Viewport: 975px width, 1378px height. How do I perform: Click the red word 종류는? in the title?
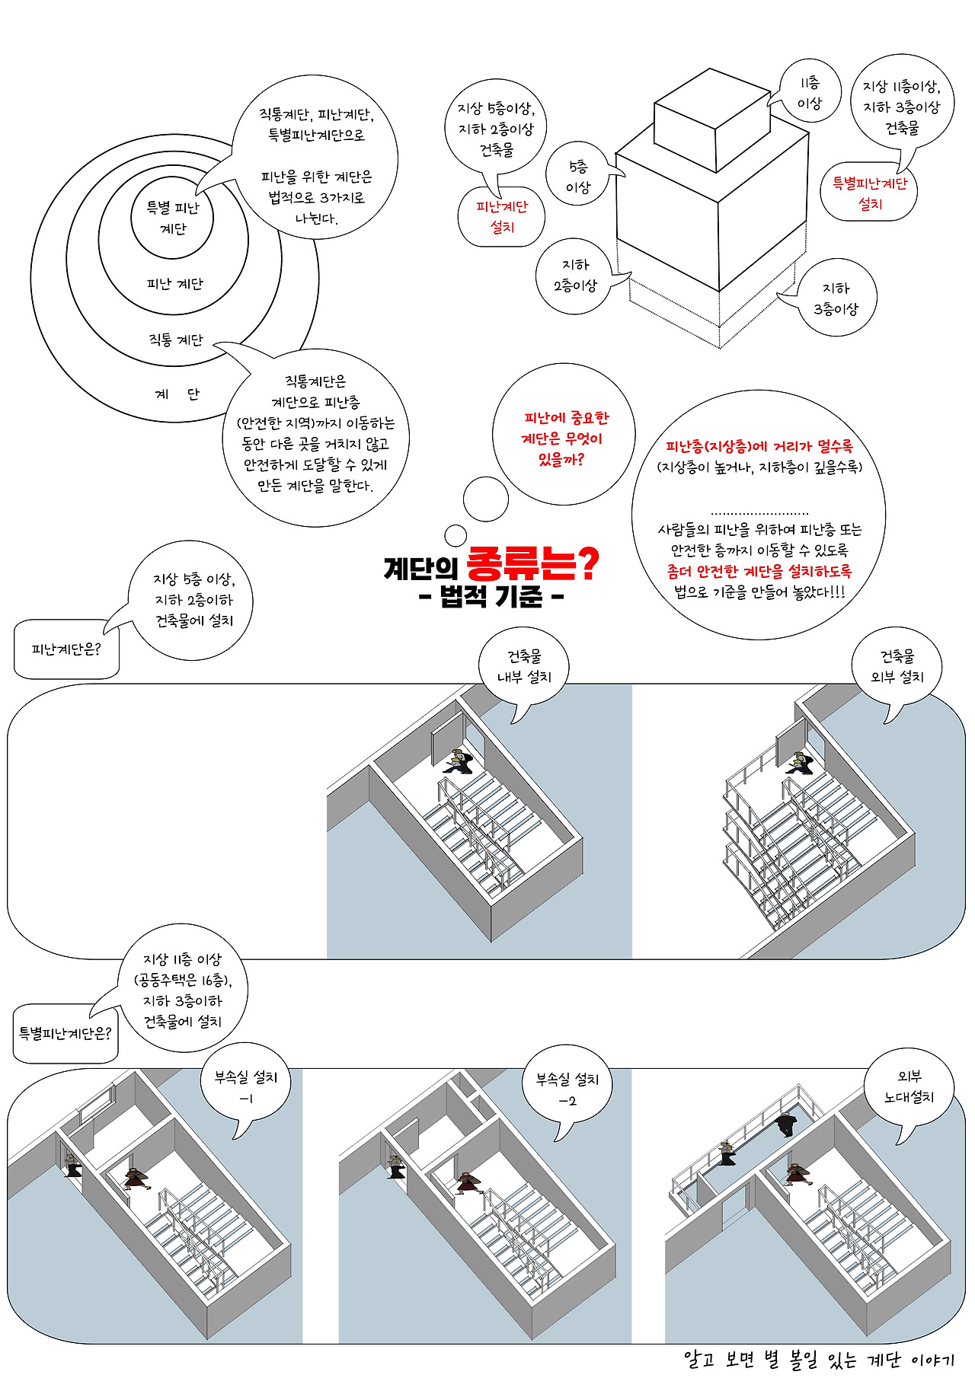pos(532,563)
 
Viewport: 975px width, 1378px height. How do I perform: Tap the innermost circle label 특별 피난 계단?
pos(173,218)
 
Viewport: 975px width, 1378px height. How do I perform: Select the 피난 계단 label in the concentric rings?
pos(175,284)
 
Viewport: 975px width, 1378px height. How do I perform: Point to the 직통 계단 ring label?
pos(176,340)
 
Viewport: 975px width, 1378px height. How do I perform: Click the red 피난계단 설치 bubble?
pos(502,217)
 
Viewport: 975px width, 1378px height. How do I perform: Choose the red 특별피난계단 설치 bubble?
pos(869,194)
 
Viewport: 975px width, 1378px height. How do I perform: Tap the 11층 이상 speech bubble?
pos(809,93)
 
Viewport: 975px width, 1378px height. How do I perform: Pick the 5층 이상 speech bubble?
pos(578,177)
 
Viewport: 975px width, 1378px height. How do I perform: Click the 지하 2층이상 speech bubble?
pos(576,276)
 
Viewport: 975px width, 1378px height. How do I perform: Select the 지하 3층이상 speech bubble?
pos(836,298)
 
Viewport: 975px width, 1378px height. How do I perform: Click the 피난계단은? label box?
pos(66,649)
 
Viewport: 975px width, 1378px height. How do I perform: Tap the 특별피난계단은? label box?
pos(66,1033)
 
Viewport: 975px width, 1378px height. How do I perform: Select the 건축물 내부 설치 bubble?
pos(524,667)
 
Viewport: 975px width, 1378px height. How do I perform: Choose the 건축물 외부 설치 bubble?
pos(897,667)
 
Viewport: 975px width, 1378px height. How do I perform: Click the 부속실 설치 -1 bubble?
pos(246,1087)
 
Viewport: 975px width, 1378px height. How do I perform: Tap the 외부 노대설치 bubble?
pos(909,1086)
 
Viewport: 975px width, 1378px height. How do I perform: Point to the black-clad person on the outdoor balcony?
pos(784,1124)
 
